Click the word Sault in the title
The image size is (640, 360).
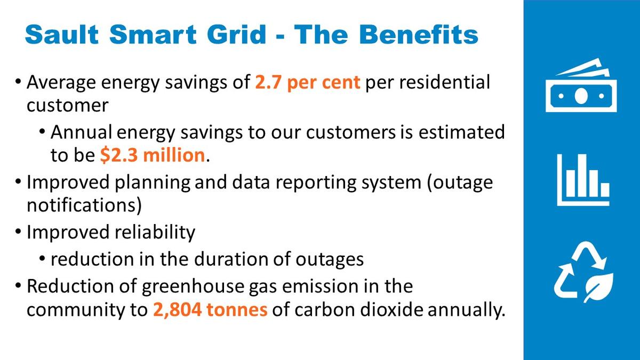[x=62, y=35]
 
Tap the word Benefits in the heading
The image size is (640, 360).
[x=419, y=35]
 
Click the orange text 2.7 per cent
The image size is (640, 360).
[x=307, y=83]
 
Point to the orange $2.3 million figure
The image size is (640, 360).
[x=153, y=155]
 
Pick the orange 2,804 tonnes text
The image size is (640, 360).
[x=210, y=310]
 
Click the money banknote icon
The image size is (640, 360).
[x=581, y=85]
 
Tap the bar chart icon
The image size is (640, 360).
[x=583, y=180]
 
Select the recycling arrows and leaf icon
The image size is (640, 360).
[x=583, y=272]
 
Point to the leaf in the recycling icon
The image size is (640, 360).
[x=598, y=287]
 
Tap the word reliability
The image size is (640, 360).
[x=155, y=233]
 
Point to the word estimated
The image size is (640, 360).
[x=461, y=132]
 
